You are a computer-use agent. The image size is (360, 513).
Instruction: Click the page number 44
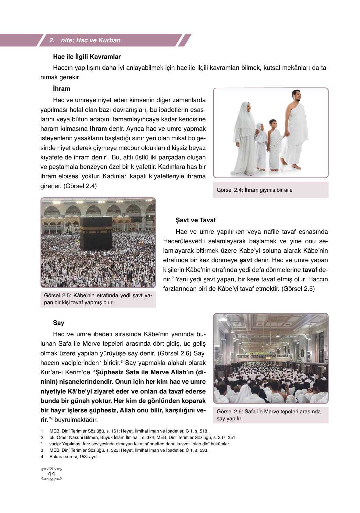point(51,474)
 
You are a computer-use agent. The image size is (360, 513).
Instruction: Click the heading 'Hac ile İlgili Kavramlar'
point(87,57)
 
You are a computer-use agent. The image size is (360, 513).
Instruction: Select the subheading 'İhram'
point(61,89)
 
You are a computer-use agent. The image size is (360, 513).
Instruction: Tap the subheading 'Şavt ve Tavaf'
point(195,220)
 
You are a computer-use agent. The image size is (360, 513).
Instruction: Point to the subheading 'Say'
point(59,323)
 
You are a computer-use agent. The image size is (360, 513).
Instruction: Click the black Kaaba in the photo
point(96,233)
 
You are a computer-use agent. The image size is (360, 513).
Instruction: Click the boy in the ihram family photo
point(275,140)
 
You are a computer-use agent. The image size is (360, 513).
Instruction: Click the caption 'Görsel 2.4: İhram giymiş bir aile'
point(254,190)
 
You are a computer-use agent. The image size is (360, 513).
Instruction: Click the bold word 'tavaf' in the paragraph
point(309,270)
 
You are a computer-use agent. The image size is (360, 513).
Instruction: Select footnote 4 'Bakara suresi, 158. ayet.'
point(74,457)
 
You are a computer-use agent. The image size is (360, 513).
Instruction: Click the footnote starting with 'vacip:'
point(140,444)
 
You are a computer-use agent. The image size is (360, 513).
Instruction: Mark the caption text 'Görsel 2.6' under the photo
point(230,411)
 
